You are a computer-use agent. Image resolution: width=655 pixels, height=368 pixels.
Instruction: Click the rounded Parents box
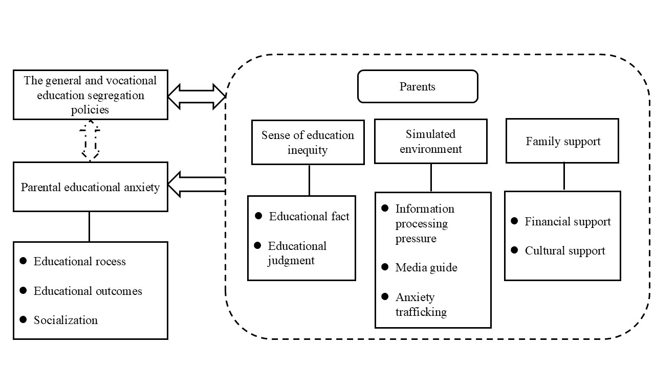[417, 86]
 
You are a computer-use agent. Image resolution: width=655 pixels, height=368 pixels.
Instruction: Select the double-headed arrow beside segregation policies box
[197, 97]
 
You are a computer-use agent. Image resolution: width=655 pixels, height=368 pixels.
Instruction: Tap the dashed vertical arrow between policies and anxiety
[90, 141]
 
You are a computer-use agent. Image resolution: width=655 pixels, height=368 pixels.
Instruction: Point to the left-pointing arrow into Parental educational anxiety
[196, 185]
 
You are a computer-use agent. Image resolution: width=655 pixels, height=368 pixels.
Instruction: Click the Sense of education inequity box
[308, 142]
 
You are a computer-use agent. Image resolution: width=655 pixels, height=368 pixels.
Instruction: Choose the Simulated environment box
[430, 141]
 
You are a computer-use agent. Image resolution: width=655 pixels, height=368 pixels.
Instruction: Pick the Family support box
[562, 141]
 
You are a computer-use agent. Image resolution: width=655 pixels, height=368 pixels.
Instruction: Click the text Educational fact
[309, 216]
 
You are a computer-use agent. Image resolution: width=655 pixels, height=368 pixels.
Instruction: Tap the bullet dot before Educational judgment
[258, 246]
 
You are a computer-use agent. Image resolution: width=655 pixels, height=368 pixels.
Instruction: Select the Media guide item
[426, 267]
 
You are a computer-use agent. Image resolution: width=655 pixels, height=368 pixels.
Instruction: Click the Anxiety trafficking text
[421, 304]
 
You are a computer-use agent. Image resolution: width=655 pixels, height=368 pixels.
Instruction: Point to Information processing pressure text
[424, 223]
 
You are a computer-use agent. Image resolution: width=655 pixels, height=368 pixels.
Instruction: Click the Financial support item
[567, 221]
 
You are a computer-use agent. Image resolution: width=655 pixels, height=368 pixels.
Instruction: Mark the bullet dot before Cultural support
[515, 250]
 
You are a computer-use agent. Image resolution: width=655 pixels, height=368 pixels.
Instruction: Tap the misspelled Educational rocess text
[79, 261]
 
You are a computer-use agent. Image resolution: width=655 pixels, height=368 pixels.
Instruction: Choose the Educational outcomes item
[88, 291]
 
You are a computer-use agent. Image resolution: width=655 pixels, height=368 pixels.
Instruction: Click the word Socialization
[65, 320]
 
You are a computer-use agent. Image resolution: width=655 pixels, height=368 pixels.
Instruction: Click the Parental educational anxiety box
[90, 187]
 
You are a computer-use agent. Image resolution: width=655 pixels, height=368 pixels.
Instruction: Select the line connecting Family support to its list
[564, 177]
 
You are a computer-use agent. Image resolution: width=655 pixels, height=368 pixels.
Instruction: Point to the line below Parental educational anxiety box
[90, 226]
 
